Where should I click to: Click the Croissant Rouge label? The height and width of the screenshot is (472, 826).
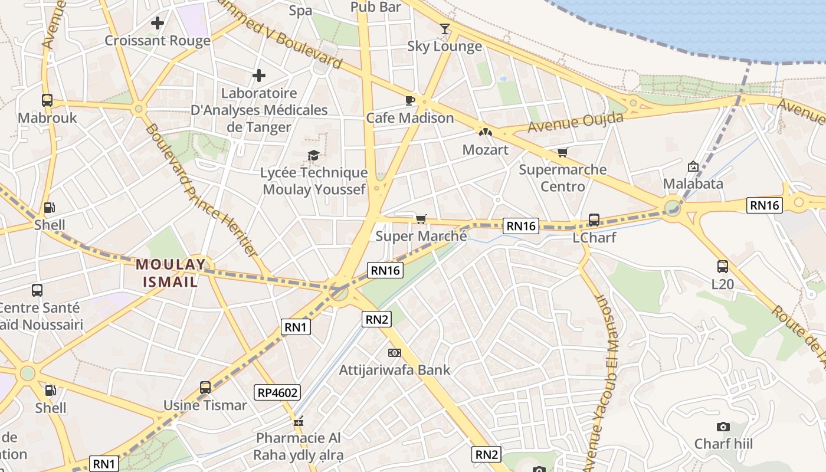pyautogui.click(x=157, y=41)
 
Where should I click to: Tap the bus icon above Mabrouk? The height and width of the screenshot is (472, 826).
pyautogui.click(x=47, y=100)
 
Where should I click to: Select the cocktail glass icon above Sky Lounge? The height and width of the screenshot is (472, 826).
pyautogui.click(x=445, y=29)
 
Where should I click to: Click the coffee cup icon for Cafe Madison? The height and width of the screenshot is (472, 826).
pyautogui.click(x=410, y=100)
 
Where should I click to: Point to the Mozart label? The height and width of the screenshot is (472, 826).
pyautogui.click(x=485, y=150)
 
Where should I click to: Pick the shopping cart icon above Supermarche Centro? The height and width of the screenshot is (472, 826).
pyautogui.click(x=562, y=153)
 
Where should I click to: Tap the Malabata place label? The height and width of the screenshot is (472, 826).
pyautogui.click(x=693, y=183)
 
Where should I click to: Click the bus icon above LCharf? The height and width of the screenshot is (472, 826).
pyautogui.click(x=594, y=220)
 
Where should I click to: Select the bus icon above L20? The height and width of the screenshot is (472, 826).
pyautogui.click(x=722, y=267)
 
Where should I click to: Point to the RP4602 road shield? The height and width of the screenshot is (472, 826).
pyautogui.click(x=277, y=392)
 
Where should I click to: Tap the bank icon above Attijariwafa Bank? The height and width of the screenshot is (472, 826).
pyautogui.click(x=394, y=353)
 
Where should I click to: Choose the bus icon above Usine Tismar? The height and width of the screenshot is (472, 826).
pyautogui.click(x=205, y=388)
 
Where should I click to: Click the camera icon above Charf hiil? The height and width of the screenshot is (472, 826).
pyautogui.click(x=723, y=427)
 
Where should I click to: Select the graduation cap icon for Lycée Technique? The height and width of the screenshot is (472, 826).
pyautogui.click(x=313, y=155)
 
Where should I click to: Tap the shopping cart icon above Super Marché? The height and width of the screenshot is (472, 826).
pyautogui.click(x=421, y=219)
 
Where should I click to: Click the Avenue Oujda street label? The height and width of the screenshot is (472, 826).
pyautogui.click(x=575, y=123)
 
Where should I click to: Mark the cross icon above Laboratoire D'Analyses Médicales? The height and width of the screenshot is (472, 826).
pyautogui.click(x=258, y=76)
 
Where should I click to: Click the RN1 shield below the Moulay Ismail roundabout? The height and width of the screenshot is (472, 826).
pyautogui.click(x=296, y=327)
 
